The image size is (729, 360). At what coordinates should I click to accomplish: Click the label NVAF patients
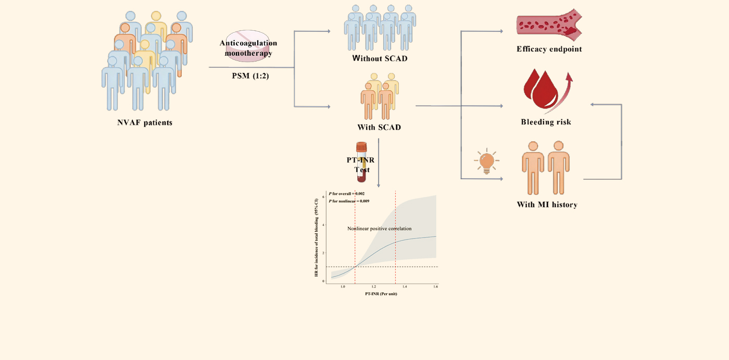click(x=144, y=123)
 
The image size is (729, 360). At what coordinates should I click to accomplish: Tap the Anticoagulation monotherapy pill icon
click(x=248, y=47)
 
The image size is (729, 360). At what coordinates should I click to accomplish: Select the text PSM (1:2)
click(x=251, y=76)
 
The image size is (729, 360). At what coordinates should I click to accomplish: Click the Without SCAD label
click(x=380, y=58)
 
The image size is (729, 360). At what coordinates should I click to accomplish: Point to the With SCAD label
click(x=379, y=127)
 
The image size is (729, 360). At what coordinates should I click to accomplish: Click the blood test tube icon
click(x=362, y=163)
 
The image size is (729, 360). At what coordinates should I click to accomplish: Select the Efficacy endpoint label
click(x=549, y=49)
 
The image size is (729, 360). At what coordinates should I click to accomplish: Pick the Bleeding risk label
click(x=546, y=122)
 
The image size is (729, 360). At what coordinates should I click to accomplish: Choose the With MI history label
click(x=547, y=205)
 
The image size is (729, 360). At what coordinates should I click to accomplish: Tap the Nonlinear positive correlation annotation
click(x=380, y=229)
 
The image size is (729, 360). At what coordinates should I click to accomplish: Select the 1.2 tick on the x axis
click(x=373, y=287)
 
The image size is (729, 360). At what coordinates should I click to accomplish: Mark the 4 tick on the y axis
click(x=324, y=225)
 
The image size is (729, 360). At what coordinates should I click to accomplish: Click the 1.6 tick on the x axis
click(x=435, y=287)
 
